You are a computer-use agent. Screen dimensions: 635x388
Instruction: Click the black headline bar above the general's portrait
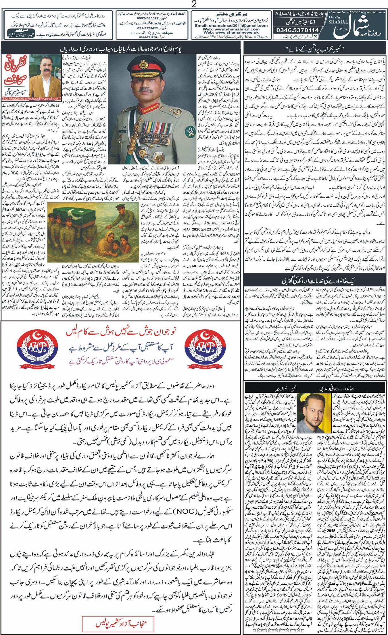[x=121, y=47]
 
